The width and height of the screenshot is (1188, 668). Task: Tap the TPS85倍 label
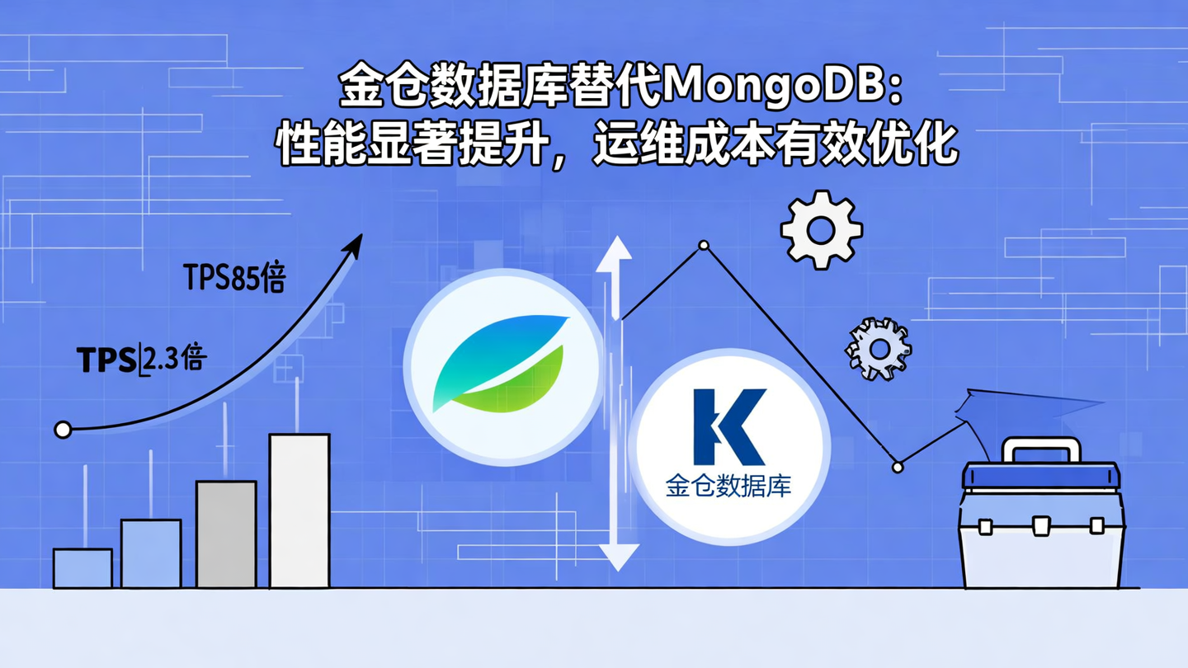[234, 279]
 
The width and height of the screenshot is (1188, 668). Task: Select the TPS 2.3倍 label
[141, 360]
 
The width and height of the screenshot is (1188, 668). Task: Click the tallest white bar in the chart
[299, 510]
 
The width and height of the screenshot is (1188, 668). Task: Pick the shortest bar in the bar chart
[82, 568]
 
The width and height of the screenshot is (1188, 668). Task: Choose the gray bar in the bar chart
[226, 534]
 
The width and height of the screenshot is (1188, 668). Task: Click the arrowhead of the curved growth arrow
[355, 245]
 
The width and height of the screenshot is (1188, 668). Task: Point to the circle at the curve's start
[63, 430]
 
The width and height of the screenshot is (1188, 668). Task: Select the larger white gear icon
[821, 230]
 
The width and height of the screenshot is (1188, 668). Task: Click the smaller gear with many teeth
[879, 349]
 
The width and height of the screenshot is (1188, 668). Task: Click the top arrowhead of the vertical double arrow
[615, 251]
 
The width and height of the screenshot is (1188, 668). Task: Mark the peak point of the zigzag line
[703, 245]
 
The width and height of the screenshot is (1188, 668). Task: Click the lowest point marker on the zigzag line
[898, 468]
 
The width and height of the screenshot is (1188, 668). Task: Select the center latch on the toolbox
[1041, 525]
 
